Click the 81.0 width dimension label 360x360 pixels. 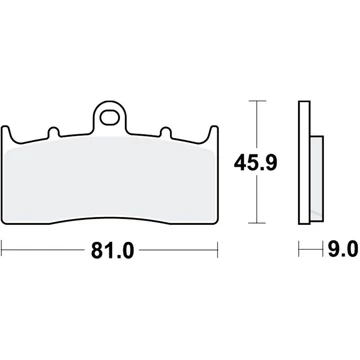[x=112, y=250]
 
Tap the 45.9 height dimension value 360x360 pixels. [x=255, y=163]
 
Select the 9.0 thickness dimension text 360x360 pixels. [x=343, y=249]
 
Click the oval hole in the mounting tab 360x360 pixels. [x=109, y=118]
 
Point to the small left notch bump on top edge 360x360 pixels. [x=54, y=132]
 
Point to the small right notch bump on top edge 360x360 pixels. [x=165, y=132]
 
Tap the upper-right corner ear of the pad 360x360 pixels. [x=214, y=133]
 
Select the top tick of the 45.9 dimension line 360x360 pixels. [x=257, y=100]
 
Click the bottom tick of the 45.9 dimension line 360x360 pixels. [x=257, y=223]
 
